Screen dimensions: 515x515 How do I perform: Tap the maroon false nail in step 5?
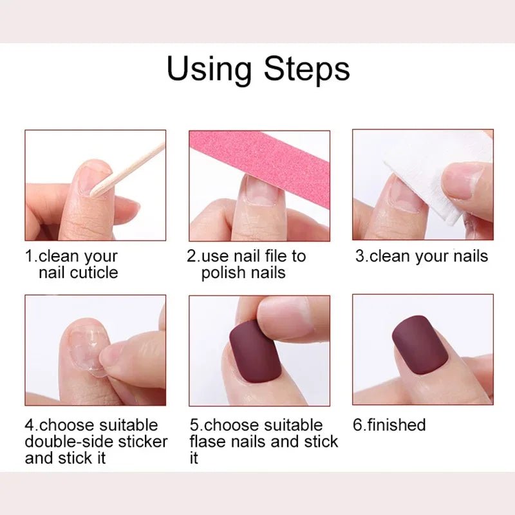pos(254,352)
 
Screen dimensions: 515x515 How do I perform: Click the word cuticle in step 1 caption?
pos(93,272)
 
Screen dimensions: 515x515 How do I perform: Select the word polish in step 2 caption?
pos(223,272)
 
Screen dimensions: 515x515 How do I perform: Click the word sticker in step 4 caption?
pos(142,442)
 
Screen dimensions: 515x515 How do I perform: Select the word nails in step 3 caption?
pos(469,256)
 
